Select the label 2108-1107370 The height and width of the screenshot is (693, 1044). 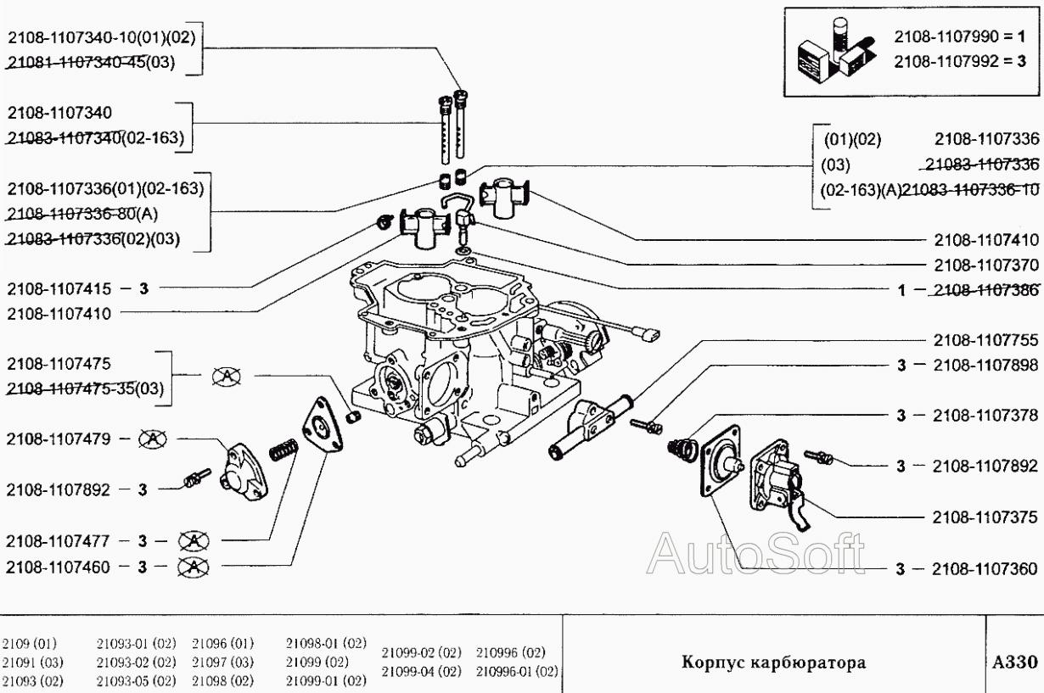985,265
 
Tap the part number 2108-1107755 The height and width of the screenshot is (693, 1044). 985,341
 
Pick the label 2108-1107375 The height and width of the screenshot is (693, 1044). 985,517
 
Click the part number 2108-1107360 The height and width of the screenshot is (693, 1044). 985,570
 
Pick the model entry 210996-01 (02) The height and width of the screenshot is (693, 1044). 516,671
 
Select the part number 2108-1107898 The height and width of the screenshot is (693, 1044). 985,366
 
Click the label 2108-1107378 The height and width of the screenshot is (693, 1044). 985,416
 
